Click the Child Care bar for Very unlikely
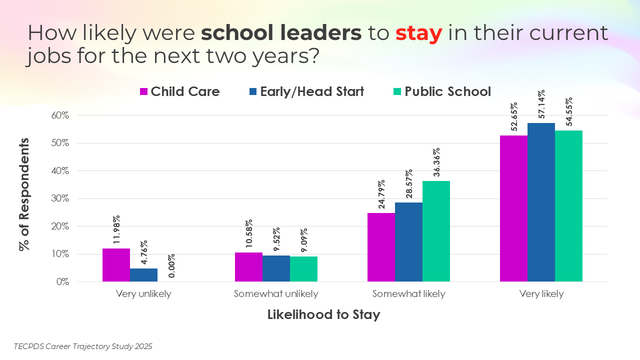(116, 265)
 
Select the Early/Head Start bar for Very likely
(541, 202)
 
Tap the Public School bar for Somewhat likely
(436, 231)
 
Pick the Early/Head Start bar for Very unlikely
(143, 275)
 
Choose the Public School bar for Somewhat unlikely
(303, 269)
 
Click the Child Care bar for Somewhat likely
(381, 247)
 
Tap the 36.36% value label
(436, 162)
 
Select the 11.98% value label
(116, 230)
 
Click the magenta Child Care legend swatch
(143, 92)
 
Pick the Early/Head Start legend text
(312, 91)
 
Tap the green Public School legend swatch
(397, 92)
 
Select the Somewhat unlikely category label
(276, 294)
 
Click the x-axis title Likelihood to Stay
(323, 315)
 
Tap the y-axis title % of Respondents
(24, 194)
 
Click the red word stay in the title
(418, 33)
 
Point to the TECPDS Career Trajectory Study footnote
(83, 346)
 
